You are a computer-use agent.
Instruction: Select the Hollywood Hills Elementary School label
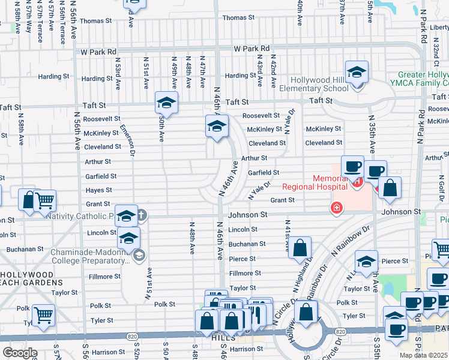(x=319, y=85)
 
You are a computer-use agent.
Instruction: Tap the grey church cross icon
(x=142, y=214)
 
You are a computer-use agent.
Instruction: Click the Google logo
(x=20, y=353)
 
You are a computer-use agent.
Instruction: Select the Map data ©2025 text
(x=423, y=355)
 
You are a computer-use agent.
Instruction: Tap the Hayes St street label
(x=99, y=190)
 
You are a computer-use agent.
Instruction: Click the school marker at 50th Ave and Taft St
(x=166, y=103)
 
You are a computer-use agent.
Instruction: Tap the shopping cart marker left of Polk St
(x=44, y=314)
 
